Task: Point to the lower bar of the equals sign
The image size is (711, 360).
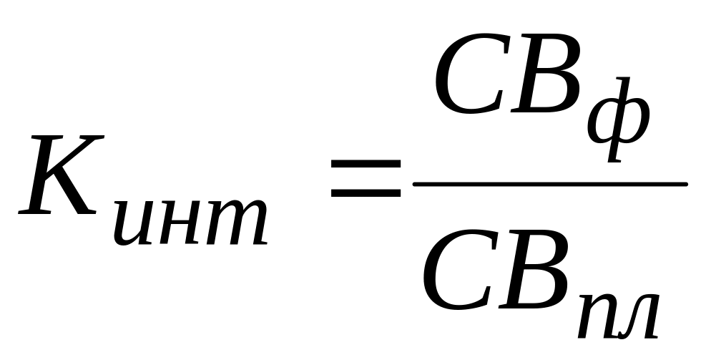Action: (365, 194)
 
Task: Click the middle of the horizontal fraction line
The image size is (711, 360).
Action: (550, 184)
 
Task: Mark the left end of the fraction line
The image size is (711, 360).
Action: (416, 184)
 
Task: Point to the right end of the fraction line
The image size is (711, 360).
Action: (685, 184)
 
